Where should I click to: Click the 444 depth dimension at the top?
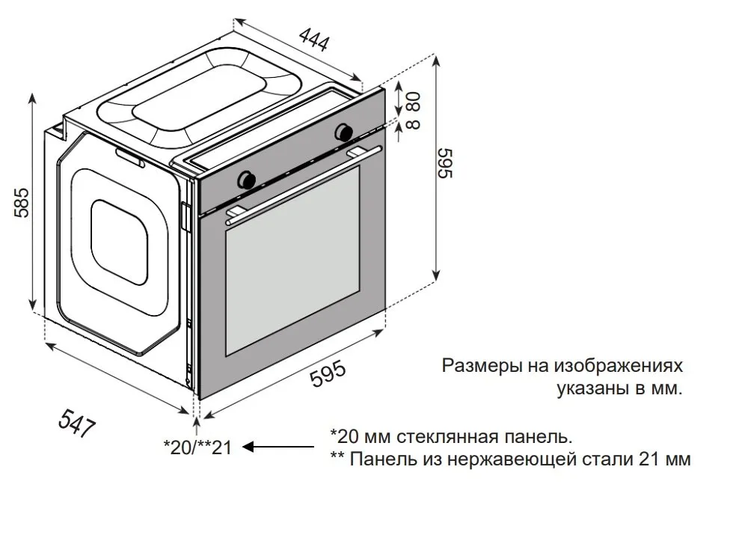(314, 39)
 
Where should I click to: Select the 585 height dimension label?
(22, 201)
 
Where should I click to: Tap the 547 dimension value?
(77, 425)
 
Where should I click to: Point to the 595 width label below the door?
(328, 374)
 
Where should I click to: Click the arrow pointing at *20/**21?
(277, 447)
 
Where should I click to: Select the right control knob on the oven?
(344, 131)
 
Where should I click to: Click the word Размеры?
(479, 367)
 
